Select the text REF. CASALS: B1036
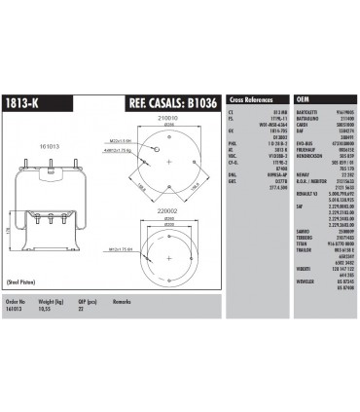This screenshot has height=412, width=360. point(173,100)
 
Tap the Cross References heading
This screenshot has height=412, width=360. point(251,99)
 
